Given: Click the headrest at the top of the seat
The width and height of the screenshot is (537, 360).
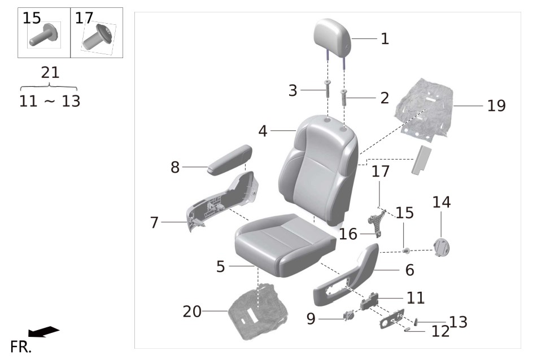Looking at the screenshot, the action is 332,37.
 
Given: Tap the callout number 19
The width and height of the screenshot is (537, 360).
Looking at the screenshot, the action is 496,106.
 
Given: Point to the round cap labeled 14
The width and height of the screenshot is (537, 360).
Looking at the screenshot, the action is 442,247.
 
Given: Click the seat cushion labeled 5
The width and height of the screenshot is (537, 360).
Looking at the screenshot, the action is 284,245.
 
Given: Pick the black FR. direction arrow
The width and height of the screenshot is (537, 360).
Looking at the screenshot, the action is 44,331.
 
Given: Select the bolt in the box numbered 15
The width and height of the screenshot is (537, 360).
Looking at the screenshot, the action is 43,35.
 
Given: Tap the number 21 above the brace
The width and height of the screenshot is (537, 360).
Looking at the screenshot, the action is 50,73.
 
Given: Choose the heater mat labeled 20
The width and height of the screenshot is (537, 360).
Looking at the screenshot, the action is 257,311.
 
